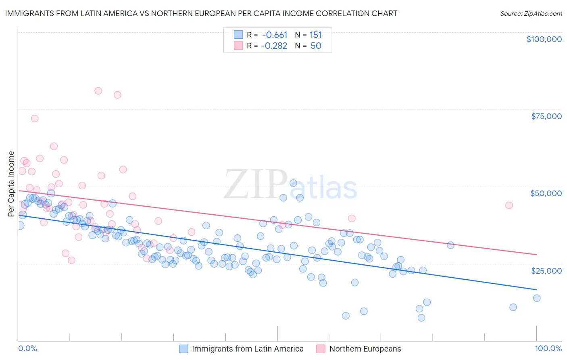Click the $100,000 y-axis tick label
[x=544, y=39]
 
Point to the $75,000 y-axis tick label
[x=546, y=116]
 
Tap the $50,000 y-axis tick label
[x=546, y=193]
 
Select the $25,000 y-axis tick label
[x=546, y=270]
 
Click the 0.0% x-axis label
[x=27, y=349]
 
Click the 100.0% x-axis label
[x=548, y=349]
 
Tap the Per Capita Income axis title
[x=11, y=184]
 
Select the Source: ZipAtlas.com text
[x=531, y=13]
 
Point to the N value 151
[x=315, y=35]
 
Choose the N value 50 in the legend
[x=316, y=46]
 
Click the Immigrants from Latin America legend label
[x=248, y=349]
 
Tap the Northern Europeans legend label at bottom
[x=365, y=349]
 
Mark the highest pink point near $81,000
[x=98, y=91]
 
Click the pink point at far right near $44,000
[x=509, y=205]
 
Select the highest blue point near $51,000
[x=294, y=183]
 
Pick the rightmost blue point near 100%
[x=537, y=298]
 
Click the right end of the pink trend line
[x=536, y=255]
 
